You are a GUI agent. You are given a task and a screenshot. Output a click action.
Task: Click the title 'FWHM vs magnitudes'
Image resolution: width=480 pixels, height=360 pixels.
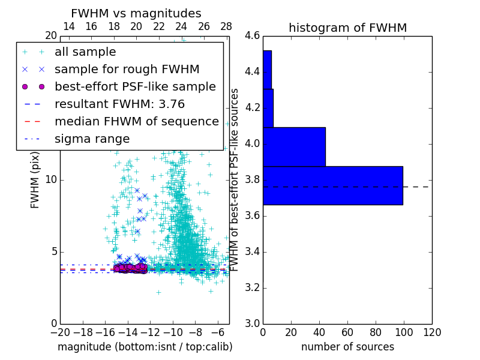[136, 14]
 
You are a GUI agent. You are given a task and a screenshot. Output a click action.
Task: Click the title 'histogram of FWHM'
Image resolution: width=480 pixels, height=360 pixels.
[347, 28]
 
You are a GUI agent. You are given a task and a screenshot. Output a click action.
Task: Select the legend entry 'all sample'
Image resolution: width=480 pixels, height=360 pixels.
[85, 52]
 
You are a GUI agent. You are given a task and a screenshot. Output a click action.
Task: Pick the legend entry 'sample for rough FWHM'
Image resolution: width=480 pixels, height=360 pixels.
[127, 70]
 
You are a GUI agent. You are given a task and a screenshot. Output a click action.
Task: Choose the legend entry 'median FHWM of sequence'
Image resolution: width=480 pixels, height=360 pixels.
[136, 122]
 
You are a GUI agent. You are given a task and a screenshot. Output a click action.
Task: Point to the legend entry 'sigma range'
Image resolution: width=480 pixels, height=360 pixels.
[92, 139]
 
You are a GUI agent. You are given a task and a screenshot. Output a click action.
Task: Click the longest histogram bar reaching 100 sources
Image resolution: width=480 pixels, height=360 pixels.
[332, 185]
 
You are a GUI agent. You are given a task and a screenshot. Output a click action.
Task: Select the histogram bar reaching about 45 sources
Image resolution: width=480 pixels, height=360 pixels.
[294, 146]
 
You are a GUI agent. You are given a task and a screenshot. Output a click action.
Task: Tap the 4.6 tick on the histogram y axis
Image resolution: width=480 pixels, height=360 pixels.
[252, 36]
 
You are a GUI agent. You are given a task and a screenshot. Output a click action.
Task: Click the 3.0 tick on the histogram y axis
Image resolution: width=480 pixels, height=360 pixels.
[252, 323]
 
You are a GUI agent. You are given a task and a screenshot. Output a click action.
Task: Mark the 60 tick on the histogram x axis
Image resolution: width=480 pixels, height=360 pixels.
[347, 332]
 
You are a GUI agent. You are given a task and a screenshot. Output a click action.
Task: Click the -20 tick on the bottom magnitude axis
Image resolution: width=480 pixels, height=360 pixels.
[60, 332]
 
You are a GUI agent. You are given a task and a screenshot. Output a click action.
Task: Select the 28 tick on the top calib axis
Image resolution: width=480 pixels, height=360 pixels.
[226, 26]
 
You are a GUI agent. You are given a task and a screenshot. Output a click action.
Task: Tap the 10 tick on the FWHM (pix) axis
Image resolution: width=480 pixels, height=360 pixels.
[52, 180]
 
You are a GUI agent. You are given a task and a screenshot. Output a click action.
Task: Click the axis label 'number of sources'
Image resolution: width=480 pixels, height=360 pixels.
[347, 347]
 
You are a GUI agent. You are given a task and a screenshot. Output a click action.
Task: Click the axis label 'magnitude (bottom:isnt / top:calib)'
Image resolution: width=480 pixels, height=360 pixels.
[145, 347]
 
